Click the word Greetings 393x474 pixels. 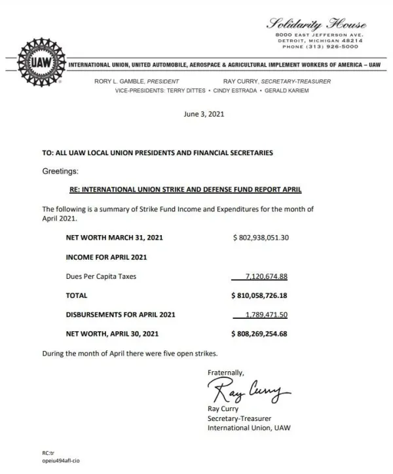point(60,170)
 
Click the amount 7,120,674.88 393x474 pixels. point(266,276)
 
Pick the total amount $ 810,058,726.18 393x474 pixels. point(261,295)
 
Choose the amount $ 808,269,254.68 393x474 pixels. point(261,333)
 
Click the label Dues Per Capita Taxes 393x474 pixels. point(102,276)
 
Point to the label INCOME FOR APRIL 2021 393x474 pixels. point(106,257)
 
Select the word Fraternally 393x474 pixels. point(226,373)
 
